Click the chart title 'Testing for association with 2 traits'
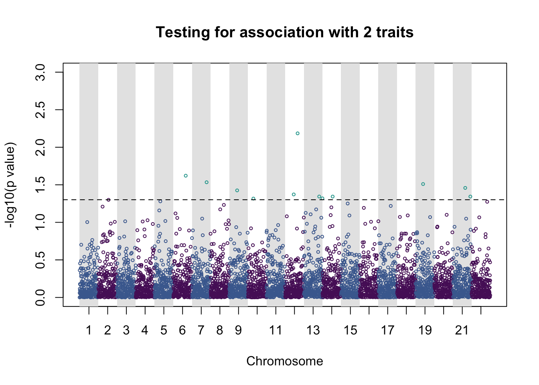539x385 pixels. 284,32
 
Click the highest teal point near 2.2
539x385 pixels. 298,134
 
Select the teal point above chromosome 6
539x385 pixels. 186,176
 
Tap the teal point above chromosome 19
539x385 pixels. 423,184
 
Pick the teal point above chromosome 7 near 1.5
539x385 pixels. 207,182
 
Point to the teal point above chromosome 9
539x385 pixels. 237,190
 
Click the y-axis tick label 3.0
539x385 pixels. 40,72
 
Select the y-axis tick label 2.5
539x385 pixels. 40,110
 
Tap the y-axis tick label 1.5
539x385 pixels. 40,185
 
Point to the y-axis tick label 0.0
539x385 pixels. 40,298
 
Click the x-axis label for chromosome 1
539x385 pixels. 89,330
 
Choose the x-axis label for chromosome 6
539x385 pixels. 182,330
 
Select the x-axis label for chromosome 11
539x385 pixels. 276,330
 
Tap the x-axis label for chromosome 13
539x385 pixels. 313,330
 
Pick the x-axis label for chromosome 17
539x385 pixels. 387,330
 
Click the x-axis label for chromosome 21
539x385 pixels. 462,330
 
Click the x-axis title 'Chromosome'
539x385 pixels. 284,361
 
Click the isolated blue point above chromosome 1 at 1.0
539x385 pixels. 87,222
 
